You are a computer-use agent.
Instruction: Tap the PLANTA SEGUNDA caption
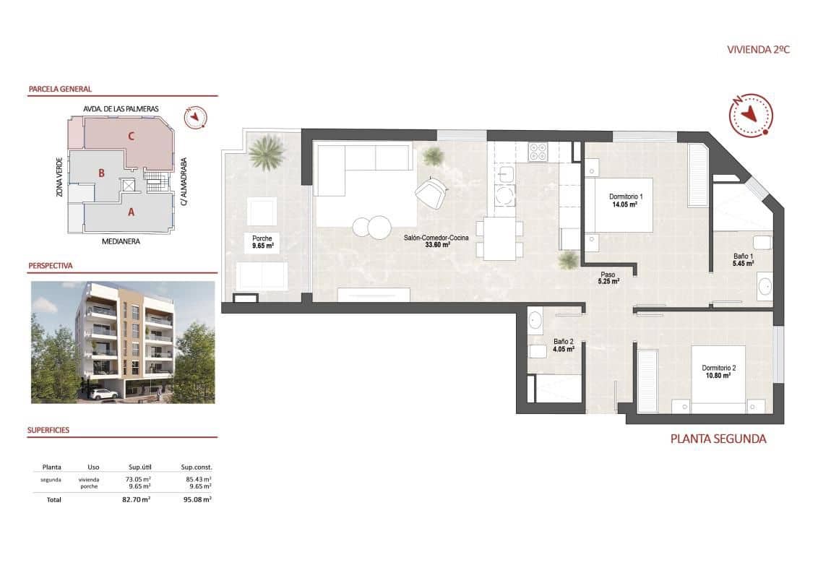(x=718, y=439)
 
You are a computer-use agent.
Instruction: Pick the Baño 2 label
(x=563, y=345)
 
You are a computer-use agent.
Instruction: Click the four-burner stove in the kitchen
(x=538, y=151)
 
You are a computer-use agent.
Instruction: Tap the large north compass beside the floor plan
(x=751, y=114)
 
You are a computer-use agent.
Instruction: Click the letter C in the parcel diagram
(x=131, y=135)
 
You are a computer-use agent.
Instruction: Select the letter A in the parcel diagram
(x=131, y=212)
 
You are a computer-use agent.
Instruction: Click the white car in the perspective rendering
(x=105, y=394)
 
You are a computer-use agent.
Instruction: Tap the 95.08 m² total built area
(x=196, y=499)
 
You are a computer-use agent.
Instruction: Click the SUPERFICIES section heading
(x=48, y=430)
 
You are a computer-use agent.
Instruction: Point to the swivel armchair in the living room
(x=431, y=191)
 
